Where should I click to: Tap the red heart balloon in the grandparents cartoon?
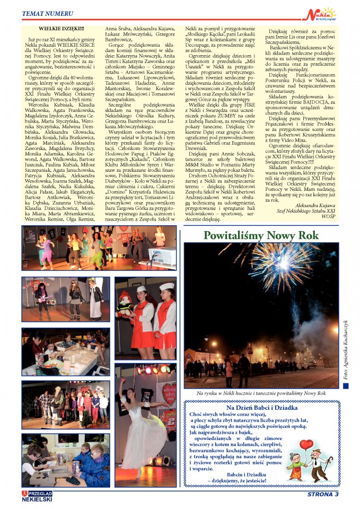point(306,445)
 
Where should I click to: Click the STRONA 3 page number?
point(323,495)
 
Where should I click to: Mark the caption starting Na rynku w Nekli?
point(260,393)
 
